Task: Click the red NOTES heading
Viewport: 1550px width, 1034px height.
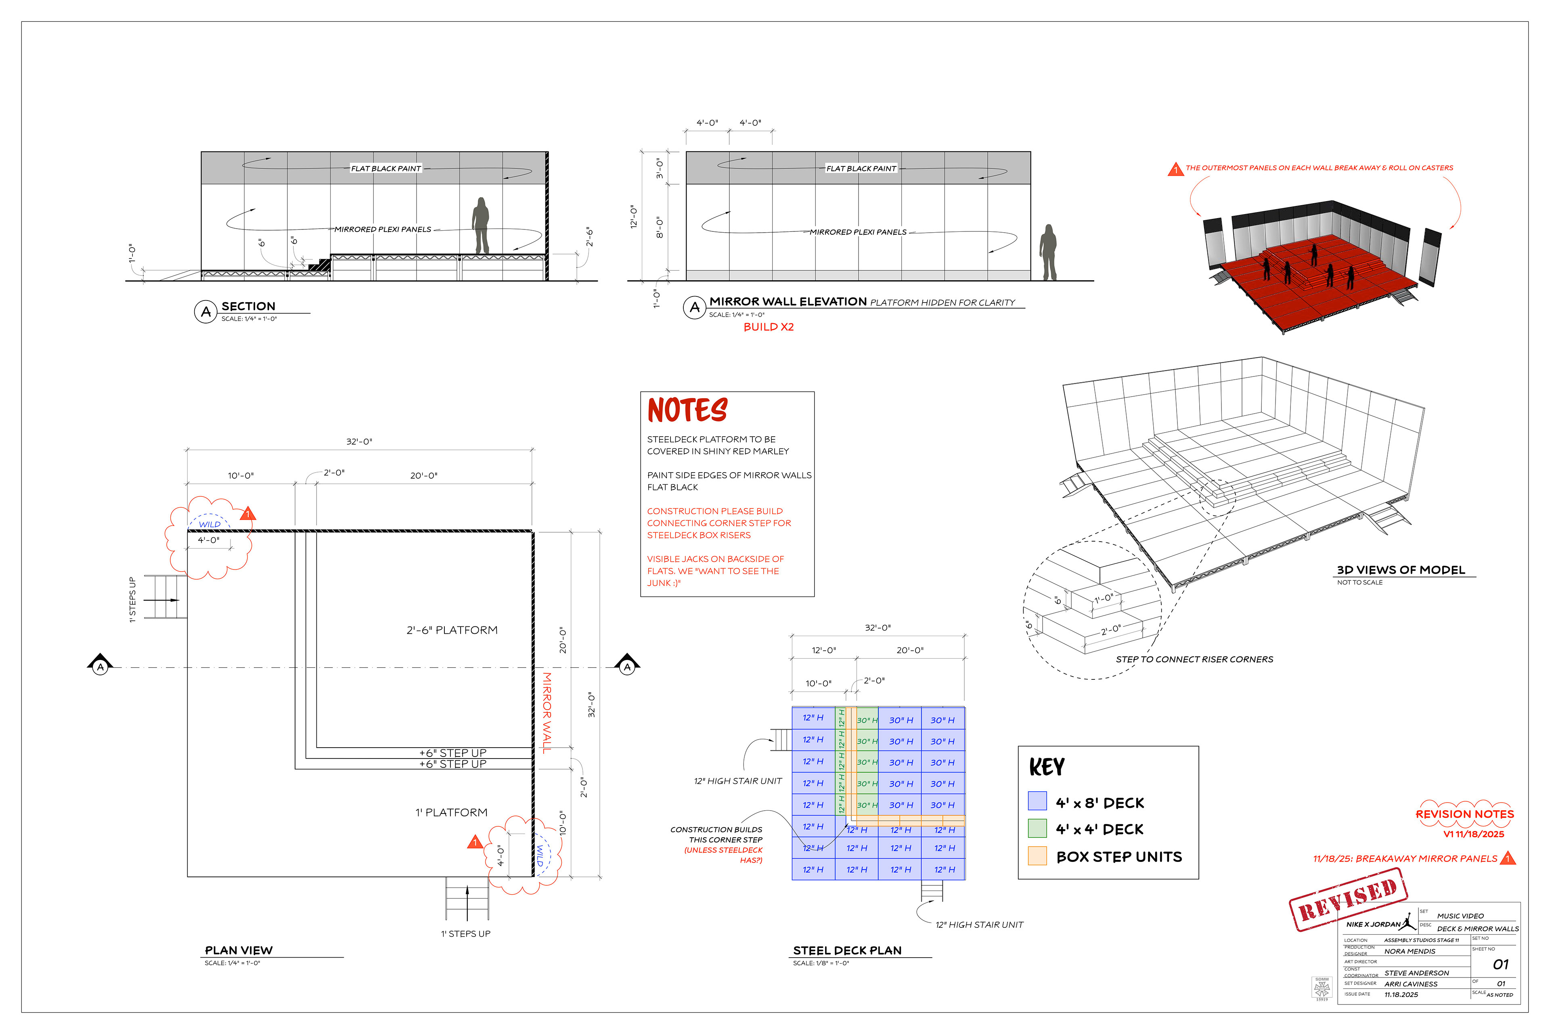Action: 687,410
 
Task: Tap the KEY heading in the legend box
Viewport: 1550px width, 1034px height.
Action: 1047,767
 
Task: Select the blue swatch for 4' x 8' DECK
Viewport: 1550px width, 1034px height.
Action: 1037,801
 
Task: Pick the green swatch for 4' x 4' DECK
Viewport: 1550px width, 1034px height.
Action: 1037,828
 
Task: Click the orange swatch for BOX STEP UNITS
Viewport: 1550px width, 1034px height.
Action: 1037,855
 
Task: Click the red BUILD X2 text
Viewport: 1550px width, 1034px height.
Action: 769,327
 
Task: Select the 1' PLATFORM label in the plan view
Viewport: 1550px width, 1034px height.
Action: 451,812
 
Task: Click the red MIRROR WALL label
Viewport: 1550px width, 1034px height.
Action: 546,712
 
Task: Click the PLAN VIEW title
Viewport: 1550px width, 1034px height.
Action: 239,950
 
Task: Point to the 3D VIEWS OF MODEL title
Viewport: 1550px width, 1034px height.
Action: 1400,570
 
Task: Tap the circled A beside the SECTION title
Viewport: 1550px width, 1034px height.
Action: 205,311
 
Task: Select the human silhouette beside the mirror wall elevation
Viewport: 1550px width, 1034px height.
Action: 1048,252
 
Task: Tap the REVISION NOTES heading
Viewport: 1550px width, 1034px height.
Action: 1464,814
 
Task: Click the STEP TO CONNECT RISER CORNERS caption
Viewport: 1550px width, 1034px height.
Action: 1194,660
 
